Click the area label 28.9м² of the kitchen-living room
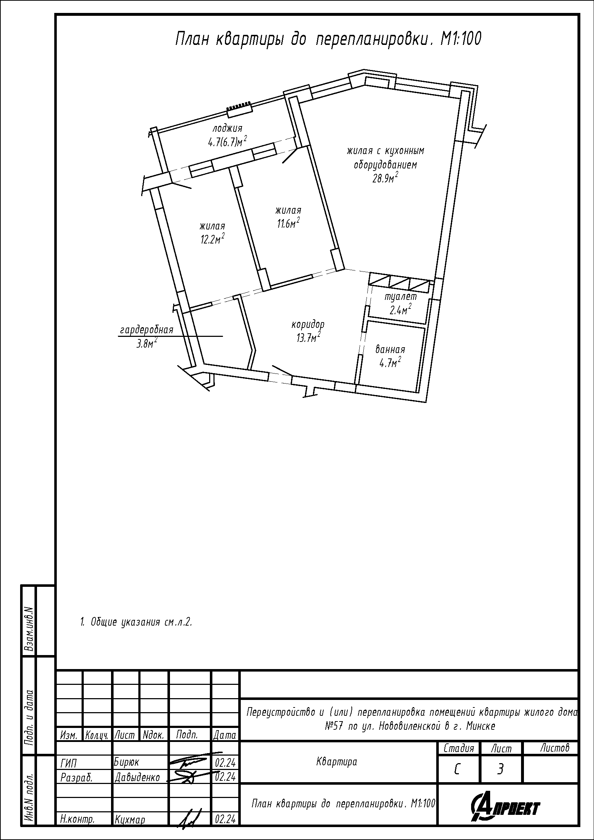pos(385,178)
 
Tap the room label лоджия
pos(227,129)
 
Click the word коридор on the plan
pos(308,325)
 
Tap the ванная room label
pos(390,349)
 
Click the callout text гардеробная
pos(146,330)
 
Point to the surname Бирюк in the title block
pos(126,762)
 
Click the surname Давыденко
pos(137,777)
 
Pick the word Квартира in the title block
pos(336,762)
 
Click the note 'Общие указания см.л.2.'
pos(136,622)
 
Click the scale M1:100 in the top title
pos(461,39)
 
